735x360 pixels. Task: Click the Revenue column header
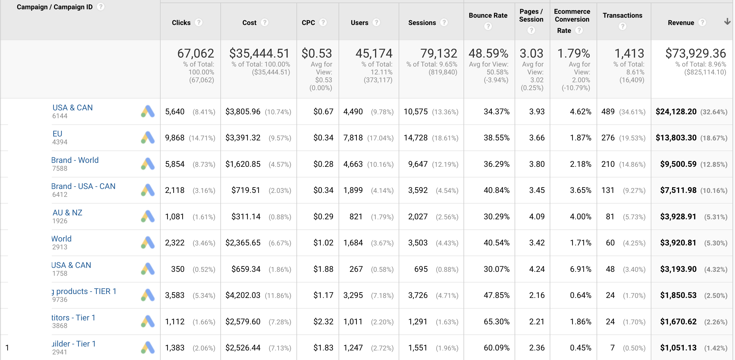[x=681, y=22]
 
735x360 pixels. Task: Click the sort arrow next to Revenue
[x=727, y=22]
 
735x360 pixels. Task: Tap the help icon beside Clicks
[x=198, y=22]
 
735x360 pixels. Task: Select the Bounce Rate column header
[x=488, y=15]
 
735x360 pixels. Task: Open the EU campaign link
[x=57, y=134]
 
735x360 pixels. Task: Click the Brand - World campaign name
[x=75, y=160]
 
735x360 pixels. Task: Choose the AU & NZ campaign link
[x=67, y=213]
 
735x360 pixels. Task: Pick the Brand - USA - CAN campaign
[x=83, y=186]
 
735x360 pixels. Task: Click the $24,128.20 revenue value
[x=676, y=112]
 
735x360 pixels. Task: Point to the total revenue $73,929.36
[x=695, y=53]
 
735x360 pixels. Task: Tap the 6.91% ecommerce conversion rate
[x=580, y=269]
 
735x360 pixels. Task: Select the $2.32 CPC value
[x=323, y=322]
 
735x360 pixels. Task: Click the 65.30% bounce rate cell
[x=496, y=322]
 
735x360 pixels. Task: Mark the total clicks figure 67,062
[x=195, y=53]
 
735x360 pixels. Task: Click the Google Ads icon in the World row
[x=148, y=243]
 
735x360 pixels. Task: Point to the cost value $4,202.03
[x=243, y=295]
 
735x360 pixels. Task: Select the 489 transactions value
[x=608, y=112]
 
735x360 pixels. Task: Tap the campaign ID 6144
[x=60, y=116]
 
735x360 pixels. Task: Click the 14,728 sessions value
[x=416, y=138]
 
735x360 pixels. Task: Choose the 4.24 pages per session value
[x=537, y=269]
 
